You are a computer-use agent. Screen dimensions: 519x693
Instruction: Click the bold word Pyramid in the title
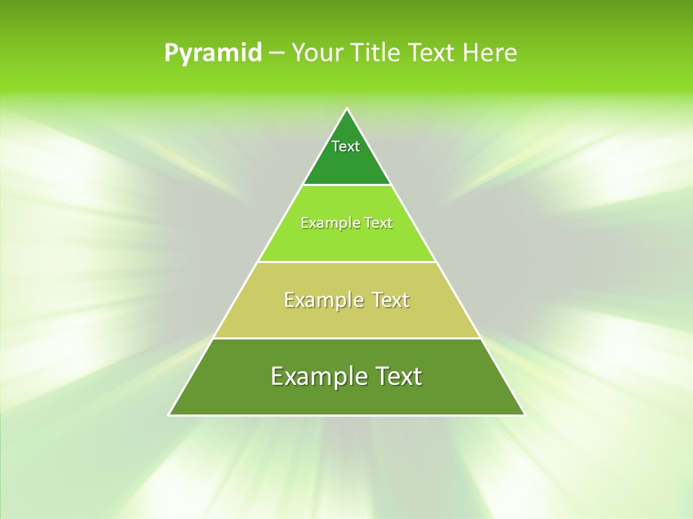213,53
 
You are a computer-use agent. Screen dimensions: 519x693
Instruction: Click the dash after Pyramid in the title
276,53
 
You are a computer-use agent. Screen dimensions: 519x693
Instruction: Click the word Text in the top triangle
346,146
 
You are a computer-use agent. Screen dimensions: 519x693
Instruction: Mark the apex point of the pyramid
346,109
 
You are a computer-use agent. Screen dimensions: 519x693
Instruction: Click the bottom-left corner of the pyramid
169,415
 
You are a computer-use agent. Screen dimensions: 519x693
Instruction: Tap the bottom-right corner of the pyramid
525,415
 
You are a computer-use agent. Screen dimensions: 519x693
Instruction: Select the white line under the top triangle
346,185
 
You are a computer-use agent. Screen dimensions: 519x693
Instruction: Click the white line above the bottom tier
346,338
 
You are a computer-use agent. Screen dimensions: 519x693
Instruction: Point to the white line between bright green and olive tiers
346,262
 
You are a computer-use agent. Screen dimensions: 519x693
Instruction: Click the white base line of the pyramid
346,415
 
